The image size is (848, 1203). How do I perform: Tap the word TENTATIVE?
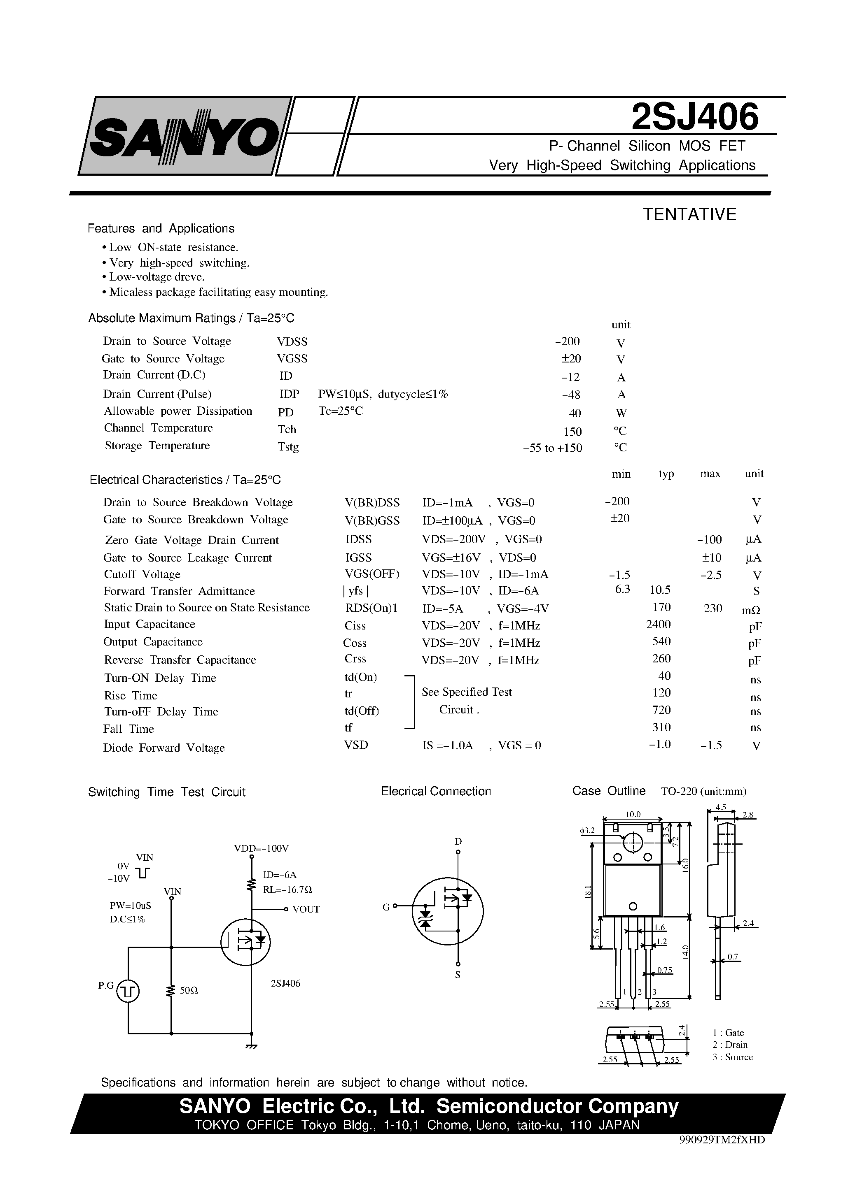[689, 214]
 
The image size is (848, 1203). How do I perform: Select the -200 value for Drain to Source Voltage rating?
[567, 341]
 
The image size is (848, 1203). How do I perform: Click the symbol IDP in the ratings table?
[289, 394]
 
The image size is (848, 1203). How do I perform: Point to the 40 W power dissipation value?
[575, 413]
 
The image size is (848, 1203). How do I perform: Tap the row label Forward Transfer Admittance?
[179, 591]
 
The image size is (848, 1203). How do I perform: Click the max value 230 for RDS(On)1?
[713, 608]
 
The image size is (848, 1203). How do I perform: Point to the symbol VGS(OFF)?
[372, 574]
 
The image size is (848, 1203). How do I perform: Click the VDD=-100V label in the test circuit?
[261, 848]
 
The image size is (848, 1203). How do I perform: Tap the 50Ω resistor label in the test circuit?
[189, 990]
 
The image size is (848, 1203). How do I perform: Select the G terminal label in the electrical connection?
[386, 907]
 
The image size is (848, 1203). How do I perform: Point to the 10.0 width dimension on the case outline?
[633, 814]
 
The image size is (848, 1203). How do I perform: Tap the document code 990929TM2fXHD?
[722, 1140]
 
